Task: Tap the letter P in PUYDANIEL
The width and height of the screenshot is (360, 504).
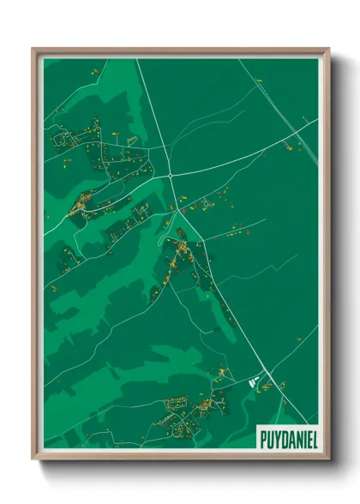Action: pyautogui.click(x=262, y=438)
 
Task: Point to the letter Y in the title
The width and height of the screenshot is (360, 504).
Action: pyautogui.click(x=275, y=438)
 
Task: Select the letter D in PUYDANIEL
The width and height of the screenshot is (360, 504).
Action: pyautogui.click(x=283, y=438)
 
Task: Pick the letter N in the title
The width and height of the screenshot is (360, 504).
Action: pyautogui.click(x=297, y=438)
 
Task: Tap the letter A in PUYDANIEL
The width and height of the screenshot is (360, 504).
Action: pyautogui.click(x=290, y=438)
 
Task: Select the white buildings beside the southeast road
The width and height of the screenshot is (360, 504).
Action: pyautogui.click(x=253, y=382)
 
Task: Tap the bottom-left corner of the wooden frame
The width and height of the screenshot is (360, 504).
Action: pyautogui.click(x=33, y=459)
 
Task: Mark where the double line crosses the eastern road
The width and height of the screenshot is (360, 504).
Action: pyautogui.click(x=291, y=129)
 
